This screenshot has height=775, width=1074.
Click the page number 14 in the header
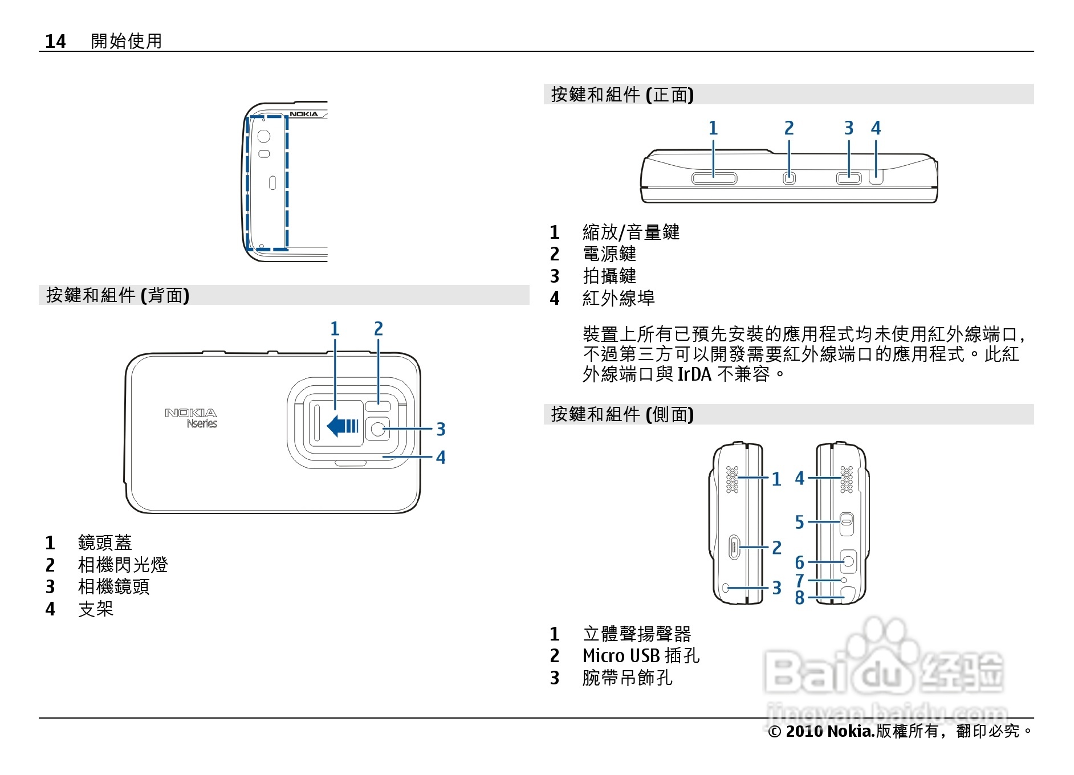pyautogui.click(x=55, y=41)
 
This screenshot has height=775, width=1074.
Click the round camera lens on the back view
pyautogui.click(x=378, y=429)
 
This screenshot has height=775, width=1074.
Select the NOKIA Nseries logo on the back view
pyautogui.click(x=192, y=418)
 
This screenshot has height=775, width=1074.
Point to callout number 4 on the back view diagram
pyautogui.click(x=441, y=457)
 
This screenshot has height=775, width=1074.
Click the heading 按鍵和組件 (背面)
pyautogui.click(x=118, y=295)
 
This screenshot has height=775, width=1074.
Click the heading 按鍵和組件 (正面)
pyautogui.click(x=622, y=95)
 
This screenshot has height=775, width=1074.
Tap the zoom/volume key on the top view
pyautogui.click(x=714, y=178)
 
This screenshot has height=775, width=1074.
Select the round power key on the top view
pyautogui.click(x=789, y=178)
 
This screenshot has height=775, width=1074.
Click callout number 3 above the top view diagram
pyautogui.click(x=849, y=128)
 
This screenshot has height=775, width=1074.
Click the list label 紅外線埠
pyautogui.click(x=619, y=298)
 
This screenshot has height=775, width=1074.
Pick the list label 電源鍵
pyautogui.click(x=609, y=254)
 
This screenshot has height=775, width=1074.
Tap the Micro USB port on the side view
pyautogui.click(x=734, y=548)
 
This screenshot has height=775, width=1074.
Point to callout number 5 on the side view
pyautogui.click(x=800, y=522)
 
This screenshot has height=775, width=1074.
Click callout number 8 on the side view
pyautogui.click(x=800, y=598)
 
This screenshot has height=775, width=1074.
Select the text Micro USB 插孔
pyautogui.click(x=641, y=656)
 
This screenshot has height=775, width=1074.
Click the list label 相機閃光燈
pyautogui.click(x=123, y=565)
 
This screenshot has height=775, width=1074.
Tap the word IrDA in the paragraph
pyautogui.click(x=694, y=374)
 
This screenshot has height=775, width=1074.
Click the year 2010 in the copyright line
pyautogui.click(x=804, y=731)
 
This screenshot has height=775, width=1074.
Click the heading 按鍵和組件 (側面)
pyautogui.click(x=622, y=414)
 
